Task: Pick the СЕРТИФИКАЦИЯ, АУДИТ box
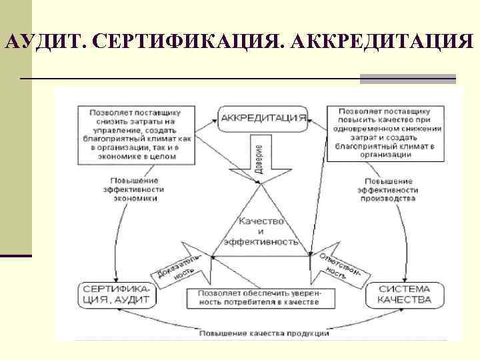tap(118, 294)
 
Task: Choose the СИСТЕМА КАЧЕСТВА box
tap(404, 294)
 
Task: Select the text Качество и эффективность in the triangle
tap(262, 231)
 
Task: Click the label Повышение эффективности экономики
tap(135, 189)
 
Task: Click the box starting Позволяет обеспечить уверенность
tap(262, 297)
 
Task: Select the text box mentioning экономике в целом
tap(135, 133)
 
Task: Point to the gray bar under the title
tap(407, 79)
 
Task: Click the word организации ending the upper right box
tap(389, 155)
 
